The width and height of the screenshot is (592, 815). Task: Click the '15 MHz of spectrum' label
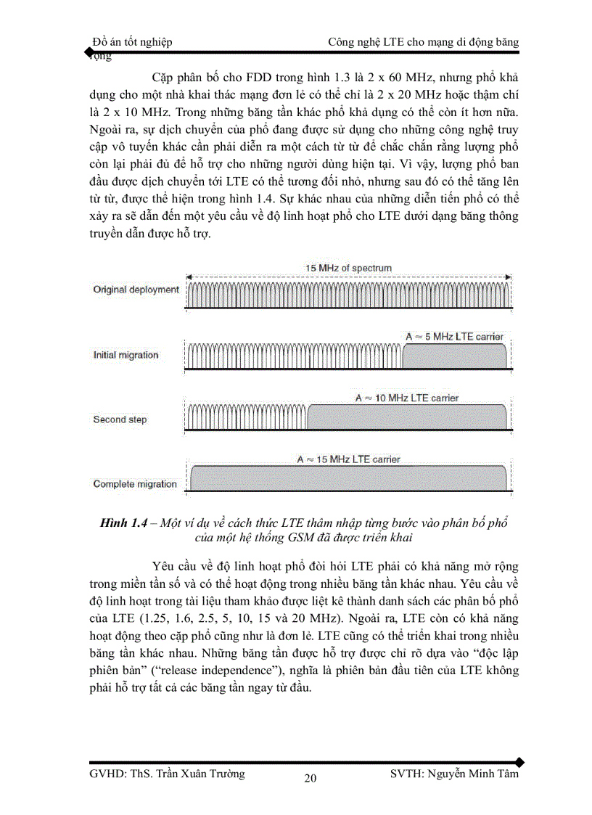[x=348, y=268]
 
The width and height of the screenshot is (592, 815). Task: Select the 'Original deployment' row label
[x=136, y=290]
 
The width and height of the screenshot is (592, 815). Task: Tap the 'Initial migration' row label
[x=126, y=355]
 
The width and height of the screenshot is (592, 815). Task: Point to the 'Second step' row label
[x=120, y=419]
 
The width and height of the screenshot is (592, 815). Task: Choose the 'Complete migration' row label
[x=135, y=484]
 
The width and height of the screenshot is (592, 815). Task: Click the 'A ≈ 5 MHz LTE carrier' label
[x=454, y=337]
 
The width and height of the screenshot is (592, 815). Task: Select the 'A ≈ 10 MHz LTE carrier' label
[x=407, y=398]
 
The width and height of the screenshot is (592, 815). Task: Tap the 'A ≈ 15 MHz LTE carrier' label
[x=348, y=459]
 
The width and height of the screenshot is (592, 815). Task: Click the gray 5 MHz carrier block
[x=454, y=357]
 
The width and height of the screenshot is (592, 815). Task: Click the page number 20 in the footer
[x=310, y=779]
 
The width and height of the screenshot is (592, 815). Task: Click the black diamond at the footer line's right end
[x=519, y=761]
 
